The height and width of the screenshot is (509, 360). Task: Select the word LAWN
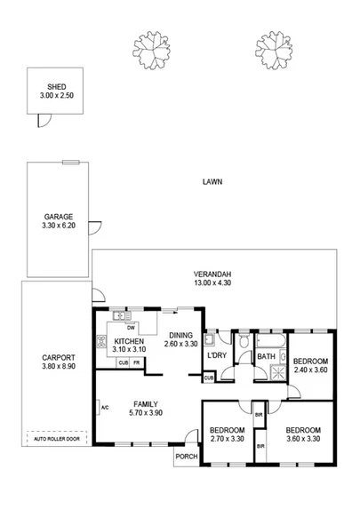point(212,182)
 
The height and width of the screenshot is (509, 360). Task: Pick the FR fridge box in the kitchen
point(138,363)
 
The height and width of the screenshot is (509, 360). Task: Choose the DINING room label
point(180,335)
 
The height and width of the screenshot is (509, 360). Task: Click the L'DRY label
point(218,355)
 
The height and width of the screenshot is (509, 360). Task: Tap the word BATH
point(266,357)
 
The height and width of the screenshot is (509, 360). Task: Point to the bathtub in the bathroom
point(269,340)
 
